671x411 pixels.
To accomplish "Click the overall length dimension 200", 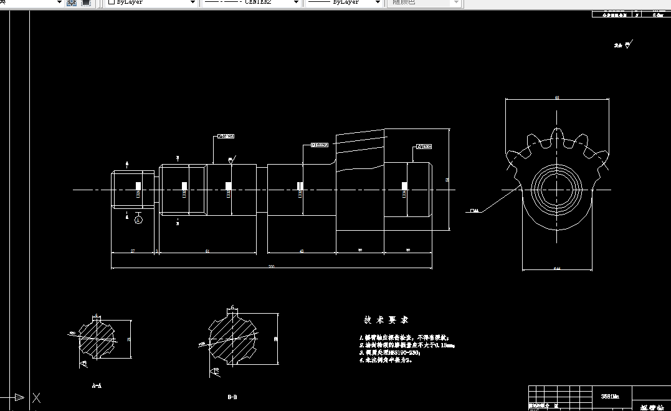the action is pos(272,266).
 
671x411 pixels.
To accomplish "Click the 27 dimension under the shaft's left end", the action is pos(133,251).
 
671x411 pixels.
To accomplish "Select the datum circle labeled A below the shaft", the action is pos(138,220).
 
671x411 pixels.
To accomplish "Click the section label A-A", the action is pos(97,386).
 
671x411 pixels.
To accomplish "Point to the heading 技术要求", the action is pos(386,320).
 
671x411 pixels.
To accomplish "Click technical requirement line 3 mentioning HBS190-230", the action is pos(390,352).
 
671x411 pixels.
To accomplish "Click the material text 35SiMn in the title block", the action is pos(610,395).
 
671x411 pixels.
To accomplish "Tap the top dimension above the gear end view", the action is pos(556,98).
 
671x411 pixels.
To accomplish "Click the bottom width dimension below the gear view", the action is pos(556,269).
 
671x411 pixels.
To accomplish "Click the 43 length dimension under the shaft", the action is pos(302,251).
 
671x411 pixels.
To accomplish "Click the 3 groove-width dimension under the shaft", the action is pos(156,251).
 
